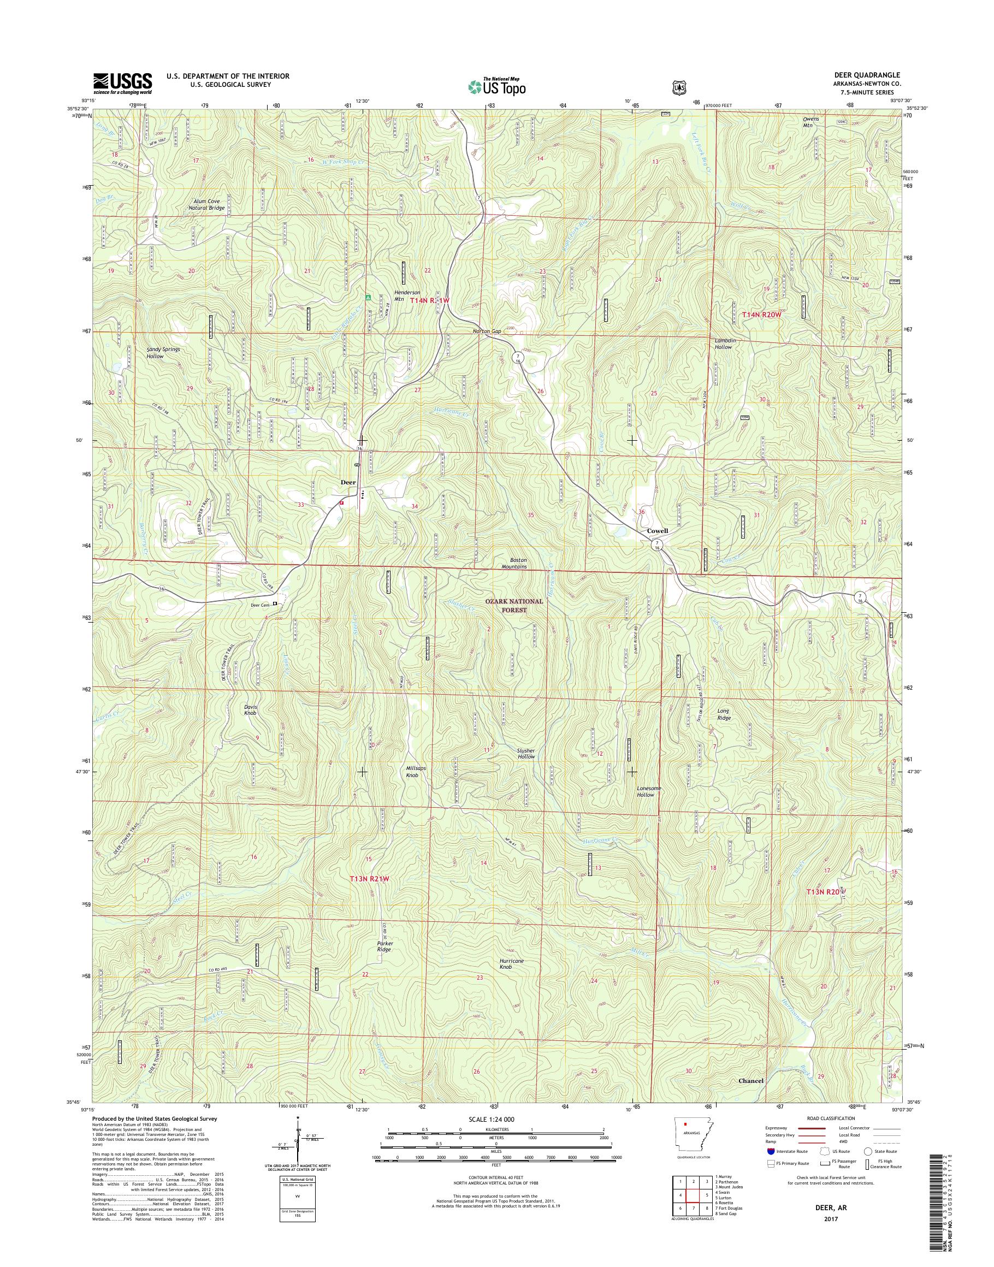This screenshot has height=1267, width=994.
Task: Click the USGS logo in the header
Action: coord(123,83)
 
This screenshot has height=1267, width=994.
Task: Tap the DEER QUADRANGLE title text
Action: coord(871,75)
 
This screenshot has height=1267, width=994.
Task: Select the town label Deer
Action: coord(348,482)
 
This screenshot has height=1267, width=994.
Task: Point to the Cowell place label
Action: coord(657,531)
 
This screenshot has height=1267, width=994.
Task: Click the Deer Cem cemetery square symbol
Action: coord(275,604)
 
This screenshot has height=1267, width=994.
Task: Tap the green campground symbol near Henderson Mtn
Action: coord(367,297)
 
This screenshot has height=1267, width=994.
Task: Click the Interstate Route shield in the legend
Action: coord(772,1151)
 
